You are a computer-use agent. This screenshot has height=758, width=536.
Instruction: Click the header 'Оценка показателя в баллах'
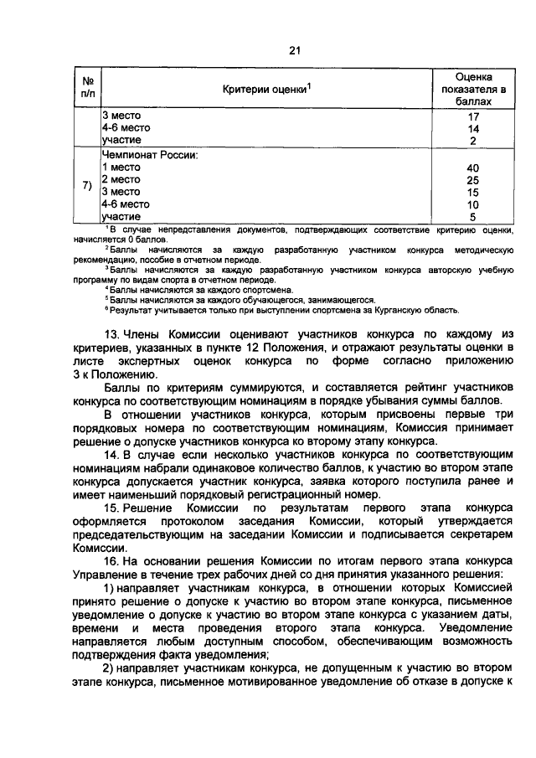(473, 88)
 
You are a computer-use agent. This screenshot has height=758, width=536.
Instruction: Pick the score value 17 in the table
(473, 116)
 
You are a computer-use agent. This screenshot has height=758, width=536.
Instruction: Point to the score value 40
(473, 168)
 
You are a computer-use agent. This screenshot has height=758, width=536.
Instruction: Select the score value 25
(473, 180)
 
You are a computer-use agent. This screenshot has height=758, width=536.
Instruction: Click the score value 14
(473, 129)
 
